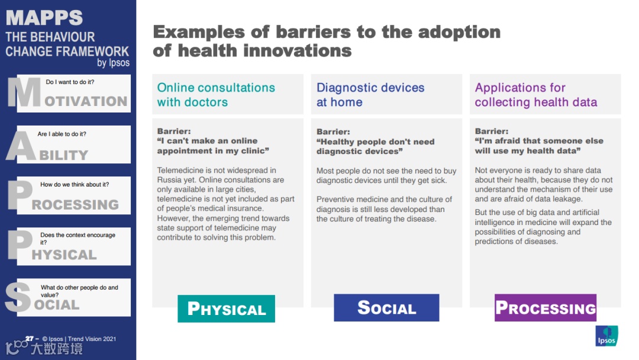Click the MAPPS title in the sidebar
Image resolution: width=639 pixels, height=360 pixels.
[x=44, y=18]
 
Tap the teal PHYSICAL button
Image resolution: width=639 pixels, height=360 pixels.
[x=226, y=308]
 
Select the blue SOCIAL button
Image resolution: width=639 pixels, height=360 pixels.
[x=386, y=308]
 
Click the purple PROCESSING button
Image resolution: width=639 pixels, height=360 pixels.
[x=546, y=308]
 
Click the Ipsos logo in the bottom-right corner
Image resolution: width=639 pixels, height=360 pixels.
[x=606, y=336]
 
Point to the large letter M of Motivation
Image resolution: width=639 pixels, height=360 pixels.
[x=24, y=92]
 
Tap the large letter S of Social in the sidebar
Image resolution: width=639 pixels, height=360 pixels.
[x=18, y=298]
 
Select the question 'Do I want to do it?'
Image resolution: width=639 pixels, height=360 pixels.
[x=70, y=82]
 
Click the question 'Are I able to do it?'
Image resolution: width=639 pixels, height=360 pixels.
[x=62, y=134]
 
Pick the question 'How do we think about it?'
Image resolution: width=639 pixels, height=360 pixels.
[x=75, y=184]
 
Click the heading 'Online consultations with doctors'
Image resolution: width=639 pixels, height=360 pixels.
[x=216, y=95]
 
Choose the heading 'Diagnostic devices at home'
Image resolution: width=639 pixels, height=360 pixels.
[x=370, y=95]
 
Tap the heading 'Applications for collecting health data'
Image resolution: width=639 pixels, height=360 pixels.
[x=536, y=95]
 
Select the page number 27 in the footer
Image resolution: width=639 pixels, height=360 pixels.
[x=30, y=339]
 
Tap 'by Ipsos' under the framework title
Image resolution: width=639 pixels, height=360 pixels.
[x=113, y=63]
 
